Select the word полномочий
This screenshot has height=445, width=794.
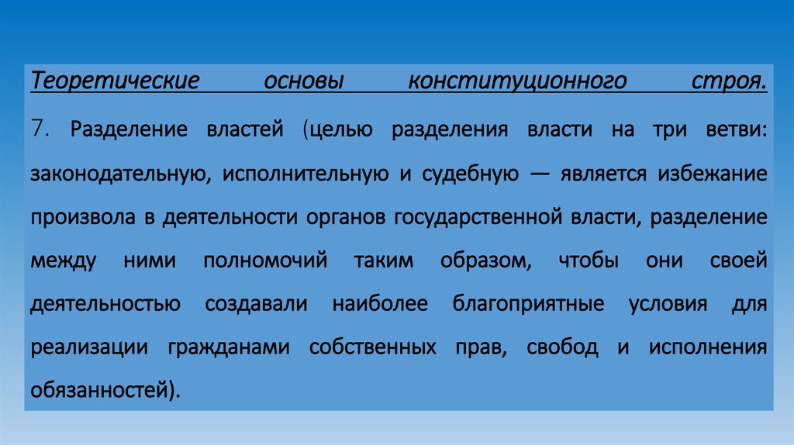pyautogui.click(x=265, y=260)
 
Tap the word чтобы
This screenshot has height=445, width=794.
pyautogui.click(x=589, y=260)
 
